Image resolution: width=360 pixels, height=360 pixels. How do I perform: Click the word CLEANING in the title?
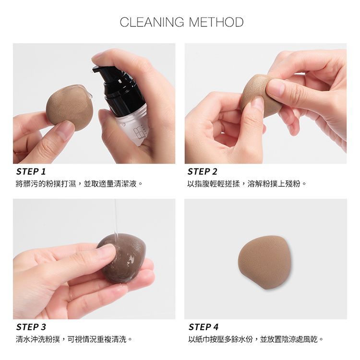(x=152, y=22)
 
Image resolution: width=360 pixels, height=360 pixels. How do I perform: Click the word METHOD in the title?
(x=216, y=22)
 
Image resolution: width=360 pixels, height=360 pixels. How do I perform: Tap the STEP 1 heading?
(x=31, y=171)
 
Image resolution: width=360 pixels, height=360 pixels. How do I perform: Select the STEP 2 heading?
(x=202, y=171)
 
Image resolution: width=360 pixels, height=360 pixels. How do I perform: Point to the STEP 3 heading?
(x=31, y=327)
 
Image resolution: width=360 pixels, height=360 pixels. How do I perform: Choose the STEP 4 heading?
(x=204, y=327)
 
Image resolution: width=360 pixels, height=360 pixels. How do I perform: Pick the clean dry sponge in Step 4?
(x=264, y=262)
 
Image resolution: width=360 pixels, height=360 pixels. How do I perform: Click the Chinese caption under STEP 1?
(x=79, y=184)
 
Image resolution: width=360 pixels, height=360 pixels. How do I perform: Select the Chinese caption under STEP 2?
(x=247, y=184)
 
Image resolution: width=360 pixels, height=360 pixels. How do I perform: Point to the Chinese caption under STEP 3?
(x=74, y=339)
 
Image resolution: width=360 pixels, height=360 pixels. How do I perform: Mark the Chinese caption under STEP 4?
(x=256, y=339)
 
